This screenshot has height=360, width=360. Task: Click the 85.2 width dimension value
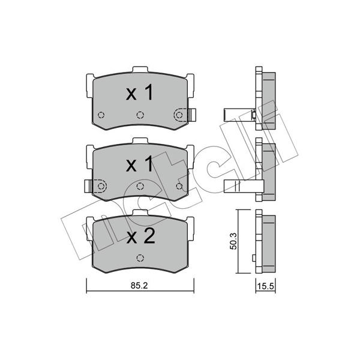click(139, 286)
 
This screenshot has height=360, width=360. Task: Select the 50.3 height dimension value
click(233, 241)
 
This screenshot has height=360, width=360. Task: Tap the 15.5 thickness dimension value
click(265, 286)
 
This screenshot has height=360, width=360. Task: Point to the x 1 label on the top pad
click(139, 92)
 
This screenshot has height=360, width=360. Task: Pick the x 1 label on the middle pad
click(139, 163)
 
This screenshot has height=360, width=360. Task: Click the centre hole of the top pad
click(140, 115)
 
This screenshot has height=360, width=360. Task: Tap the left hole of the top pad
click(101, 115)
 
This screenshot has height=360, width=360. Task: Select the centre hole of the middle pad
click(140, 186)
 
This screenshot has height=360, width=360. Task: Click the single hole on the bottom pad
click(140, 258)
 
